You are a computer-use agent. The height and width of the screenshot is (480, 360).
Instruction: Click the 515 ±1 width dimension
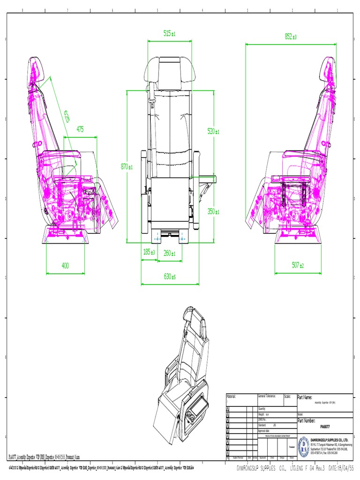[169, 33]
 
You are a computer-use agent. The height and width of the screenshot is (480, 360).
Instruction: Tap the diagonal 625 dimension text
[67, 116]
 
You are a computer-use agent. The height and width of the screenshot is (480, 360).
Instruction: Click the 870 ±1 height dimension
[127, 166]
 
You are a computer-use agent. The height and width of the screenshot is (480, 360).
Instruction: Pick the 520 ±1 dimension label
[213, 132]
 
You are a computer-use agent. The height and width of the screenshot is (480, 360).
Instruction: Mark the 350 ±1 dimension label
[213, 211]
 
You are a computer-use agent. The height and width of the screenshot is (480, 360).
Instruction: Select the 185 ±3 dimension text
[149, 252]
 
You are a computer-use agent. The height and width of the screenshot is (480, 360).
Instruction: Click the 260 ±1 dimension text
[169, 254]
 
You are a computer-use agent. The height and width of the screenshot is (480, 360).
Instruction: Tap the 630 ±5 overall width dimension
[170, 277]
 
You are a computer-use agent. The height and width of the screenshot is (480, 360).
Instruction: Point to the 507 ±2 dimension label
[298, 265]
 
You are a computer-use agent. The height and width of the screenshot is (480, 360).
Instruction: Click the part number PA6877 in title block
[324, 427]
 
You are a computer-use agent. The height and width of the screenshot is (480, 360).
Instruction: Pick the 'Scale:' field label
[288, 396]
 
